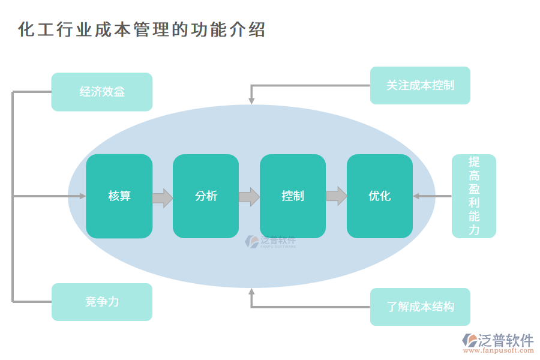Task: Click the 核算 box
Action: coord(119,196)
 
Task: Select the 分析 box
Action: coord(206,196)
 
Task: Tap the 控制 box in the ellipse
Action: coord(293,196)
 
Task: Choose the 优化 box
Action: coord(380,196)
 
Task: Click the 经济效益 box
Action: coord(102,92)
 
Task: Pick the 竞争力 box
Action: coord(102,302)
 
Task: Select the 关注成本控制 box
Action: coord(420,85)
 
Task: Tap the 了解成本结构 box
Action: coord(420,307)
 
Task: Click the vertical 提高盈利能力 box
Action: coord(474,196)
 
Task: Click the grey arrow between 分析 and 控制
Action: coord(249,197)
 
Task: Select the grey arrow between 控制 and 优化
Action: coord(337,196)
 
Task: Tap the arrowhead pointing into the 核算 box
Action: coord(83,196)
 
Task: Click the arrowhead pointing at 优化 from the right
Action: coord(416,196)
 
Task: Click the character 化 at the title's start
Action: coord(26,29)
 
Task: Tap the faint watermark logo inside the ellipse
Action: coord(270,242)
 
